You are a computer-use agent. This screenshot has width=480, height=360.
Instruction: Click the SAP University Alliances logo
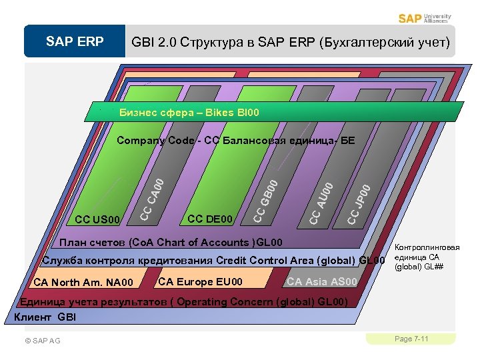tap(424, 18)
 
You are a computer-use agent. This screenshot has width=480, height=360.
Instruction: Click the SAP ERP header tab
tap(75, 42)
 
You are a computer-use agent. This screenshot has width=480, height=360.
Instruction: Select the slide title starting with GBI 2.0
tap(291, 43)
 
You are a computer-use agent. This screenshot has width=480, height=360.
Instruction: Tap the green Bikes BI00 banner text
tap(189, 113)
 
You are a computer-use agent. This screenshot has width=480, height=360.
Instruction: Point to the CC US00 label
tap(97, 219)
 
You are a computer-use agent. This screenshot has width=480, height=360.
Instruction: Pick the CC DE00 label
tap(211, 219)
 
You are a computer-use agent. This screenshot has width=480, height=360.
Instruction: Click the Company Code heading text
tap(235, 141)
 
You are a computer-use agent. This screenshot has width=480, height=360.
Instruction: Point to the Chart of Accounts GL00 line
tap(171, 242)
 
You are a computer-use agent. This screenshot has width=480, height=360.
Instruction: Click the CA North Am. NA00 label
tap(83, 283)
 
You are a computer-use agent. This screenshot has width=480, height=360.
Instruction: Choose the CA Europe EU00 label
tap(200, 281)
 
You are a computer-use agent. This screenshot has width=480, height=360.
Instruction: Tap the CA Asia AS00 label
tap(322, 282)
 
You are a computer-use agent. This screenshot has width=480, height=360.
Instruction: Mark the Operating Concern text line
tap(183, 301)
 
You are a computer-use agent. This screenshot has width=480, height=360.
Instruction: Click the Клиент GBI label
tap(45, 317)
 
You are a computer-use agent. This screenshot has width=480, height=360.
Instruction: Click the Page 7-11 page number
tap(411, 339)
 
